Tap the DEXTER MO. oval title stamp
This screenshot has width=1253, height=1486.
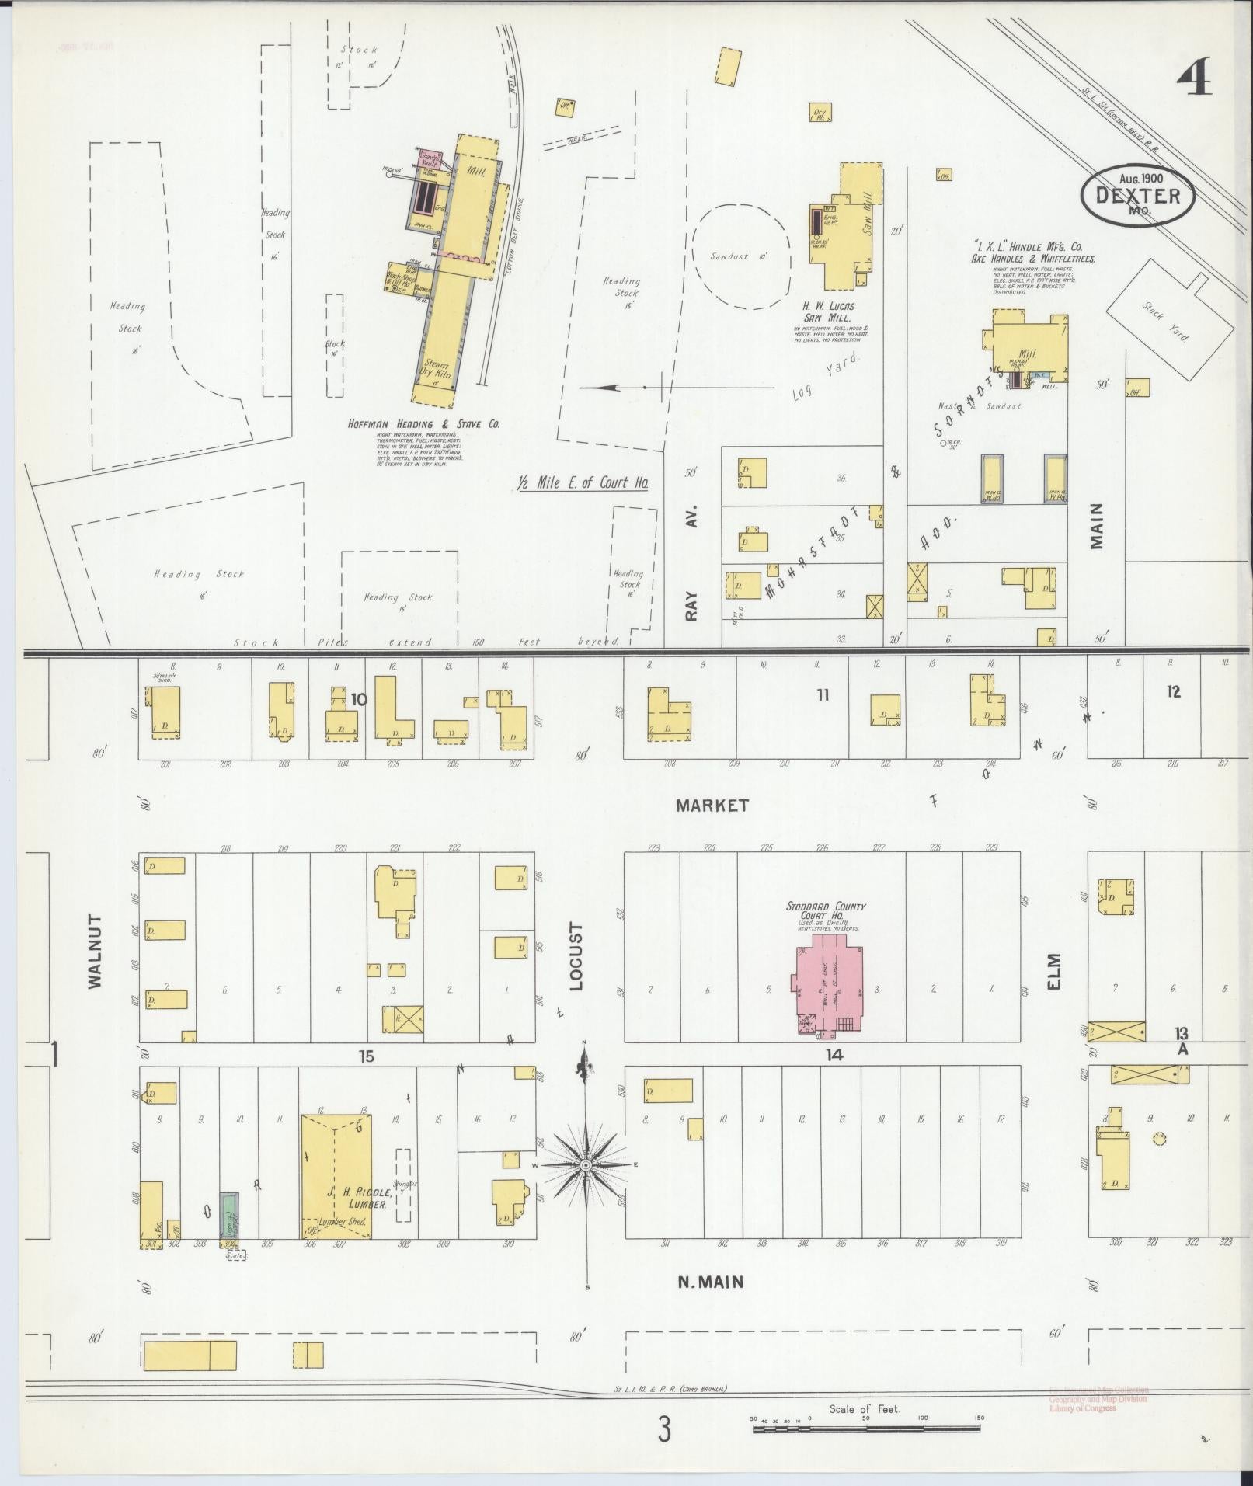pyautogui.click(x=1136, y=195)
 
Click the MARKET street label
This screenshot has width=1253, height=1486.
pyautogui.click(x=712, y=805)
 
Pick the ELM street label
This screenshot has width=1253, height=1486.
pyautogui.click(x=1054, y=971)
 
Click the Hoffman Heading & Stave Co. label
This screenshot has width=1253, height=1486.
pyautogui.click(x=423, y=424)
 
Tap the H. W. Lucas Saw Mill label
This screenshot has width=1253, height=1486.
pyautogui.click(x=828, y=312)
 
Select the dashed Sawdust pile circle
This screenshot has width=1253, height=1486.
pyautogui.click(x=742, y=254)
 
